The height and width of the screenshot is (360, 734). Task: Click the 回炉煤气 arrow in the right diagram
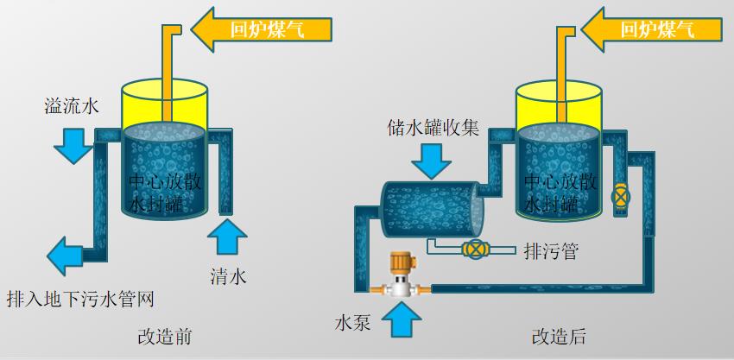point(649,29)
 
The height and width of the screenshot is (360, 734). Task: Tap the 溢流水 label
point(73,107)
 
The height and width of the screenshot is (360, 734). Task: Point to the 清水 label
point(229,276)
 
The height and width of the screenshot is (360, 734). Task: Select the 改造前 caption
point(164,336)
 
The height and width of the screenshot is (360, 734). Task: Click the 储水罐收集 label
point(432,129)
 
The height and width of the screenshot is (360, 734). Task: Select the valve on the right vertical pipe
point(619,195)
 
